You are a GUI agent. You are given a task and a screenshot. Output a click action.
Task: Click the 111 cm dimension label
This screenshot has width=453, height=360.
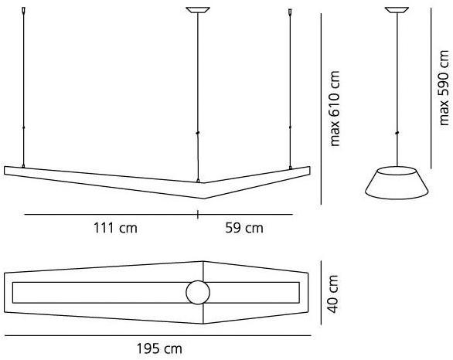tap(116, 228)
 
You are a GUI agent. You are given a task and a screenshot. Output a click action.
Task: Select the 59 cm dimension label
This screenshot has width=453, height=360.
tap(244, 228)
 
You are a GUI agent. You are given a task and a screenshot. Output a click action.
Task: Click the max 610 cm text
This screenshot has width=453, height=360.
tap(335, 108)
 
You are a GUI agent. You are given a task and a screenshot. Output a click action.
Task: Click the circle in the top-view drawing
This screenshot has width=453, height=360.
tap(198, 292)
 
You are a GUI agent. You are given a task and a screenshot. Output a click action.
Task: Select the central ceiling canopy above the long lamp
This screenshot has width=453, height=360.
tap(199, 10)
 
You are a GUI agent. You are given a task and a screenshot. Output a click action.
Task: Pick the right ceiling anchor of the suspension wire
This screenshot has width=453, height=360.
tap(291, 13)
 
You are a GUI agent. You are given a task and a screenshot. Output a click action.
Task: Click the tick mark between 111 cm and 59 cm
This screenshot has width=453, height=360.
tap(199, 214)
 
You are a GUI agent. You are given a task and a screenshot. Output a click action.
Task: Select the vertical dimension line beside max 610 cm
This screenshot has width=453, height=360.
tap(322, 108)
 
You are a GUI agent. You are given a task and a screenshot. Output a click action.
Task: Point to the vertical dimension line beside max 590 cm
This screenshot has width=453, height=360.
tap(430, 87)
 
